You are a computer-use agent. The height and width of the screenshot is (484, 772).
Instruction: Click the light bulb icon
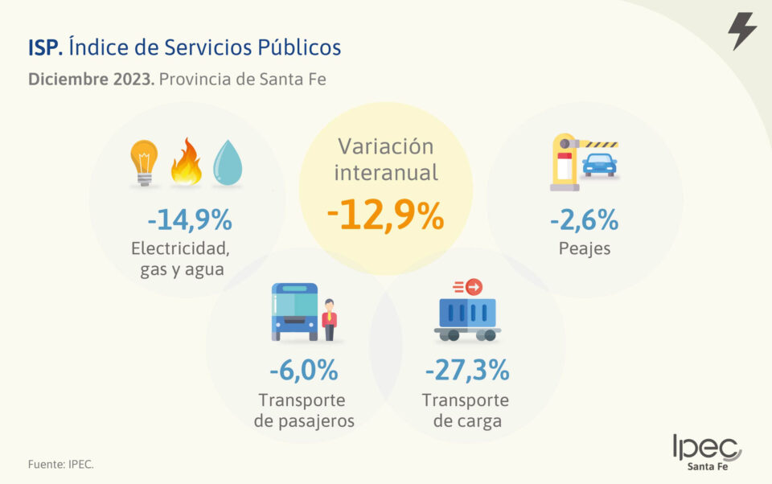click(144, 162)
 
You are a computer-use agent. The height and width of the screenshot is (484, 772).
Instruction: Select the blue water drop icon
click(228, 163)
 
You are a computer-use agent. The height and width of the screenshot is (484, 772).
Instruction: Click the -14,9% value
click(189, 219)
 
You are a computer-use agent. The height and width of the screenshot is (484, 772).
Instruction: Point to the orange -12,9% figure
click(385, 215)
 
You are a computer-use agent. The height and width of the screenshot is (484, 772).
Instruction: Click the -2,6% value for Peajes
click(584, 219)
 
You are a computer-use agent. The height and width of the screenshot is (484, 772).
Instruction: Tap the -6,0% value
click(303, 371)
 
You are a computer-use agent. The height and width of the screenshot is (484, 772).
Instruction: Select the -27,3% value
click(466, 371)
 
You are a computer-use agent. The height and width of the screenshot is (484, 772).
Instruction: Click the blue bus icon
click(294, 311)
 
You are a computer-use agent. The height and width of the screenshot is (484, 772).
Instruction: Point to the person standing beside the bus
click(329, 319)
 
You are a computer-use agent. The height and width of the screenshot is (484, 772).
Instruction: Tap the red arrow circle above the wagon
click(474, 285)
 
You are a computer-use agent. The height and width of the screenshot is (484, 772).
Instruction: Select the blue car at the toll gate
click(599, 165)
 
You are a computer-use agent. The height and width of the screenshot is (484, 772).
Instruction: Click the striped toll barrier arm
click(598, 144)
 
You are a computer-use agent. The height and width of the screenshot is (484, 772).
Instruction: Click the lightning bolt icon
click(741, 31)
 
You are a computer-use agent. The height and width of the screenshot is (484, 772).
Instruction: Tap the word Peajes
click(585, 248)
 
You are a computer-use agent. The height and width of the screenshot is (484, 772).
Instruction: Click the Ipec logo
click(707, 451)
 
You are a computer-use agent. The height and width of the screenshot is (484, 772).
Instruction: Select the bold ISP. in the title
click(45, 47)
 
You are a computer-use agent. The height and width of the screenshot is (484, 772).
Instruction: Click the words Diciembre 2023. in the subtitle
click(91, 80)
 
